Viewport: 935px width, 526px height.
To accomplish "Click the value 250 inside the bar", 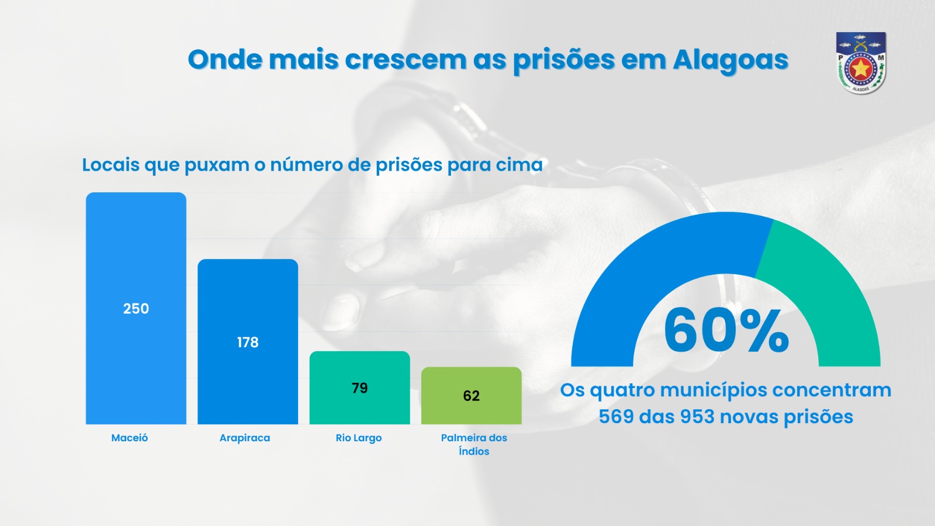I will pyautogui.click(x=136, y=309).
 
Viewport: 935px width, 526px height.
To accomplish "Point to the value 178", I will pyautogui.click(x=248, y=342).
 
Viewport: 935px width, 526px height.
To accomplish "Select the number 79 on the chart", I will pyautogui.click(x=360, y=388).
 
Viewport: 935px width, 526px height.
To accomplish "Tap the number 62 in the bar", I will pyautogui.click(x=472, y=396).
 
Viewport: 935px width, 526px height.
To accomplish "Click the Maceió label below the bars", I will pyautogui.click(x=130, y=438).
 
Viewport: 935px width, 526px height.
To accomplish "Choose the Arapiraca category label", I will pyautogui.click(x=245, y=438).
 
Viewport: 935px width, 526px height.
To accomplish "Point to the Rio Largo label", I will pyautogui.click(x=359, y=438).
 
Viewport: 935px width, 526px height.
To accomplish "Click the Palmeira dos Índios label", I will pyautogui.click(x=474, y=444).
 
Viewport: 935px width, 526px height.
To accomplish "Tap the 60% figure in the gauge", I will pyautogui.click(x=726, y=331).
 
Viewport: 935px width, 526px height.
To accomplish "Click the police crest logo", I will pyautogui.click(x=861, y=63).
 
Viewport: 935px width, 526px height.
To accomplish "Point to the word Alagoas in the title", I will pyautogui.click(x=730, y=60).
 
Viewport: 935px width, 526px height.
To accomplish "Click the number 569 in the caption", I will pyautogui.click(x=616, y=417).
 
